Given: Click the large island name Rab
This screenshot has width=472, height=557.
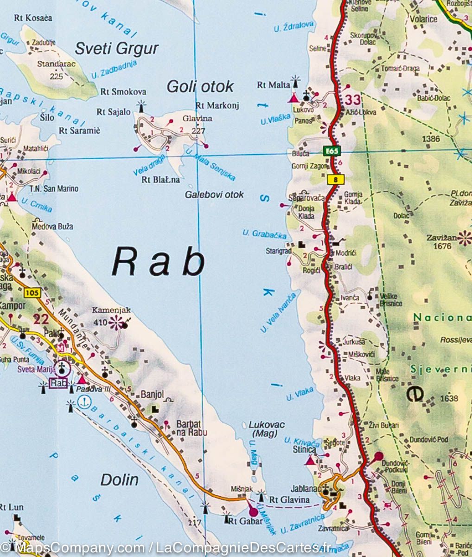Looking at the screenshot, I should pos(158,262).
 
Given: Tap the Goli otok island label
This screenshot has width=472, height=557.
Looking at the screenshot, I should pos(200,86).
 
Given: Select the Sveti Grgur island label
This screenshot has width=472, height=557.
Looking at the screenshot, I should pos(116,48).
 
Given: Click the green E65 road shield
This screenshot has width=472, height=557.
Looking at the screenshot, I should pos(332,151).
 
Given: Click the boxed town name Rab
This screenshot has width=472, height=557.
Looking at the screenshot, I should pos(58,383).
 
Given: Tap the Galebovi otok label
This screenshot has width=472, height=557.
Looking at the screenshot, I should pos(214,194).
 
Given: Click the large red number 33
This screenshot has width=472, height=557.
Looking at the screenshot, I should pos(352,100).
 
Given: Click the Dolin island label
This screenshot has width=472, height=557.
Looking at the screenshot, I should pos(120,479).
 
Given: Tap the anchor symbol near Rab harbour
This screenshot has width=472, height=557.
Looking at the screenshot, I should pos(84,403).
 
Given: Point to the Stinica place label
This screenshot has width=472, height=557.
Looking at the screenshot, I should pos(304,449).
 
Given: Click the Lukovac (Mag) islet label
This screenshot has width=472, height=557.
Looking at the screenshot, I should pos(267,429).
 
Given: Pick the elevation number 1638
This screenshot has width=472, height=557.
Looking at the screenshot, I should pos(449,398).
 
